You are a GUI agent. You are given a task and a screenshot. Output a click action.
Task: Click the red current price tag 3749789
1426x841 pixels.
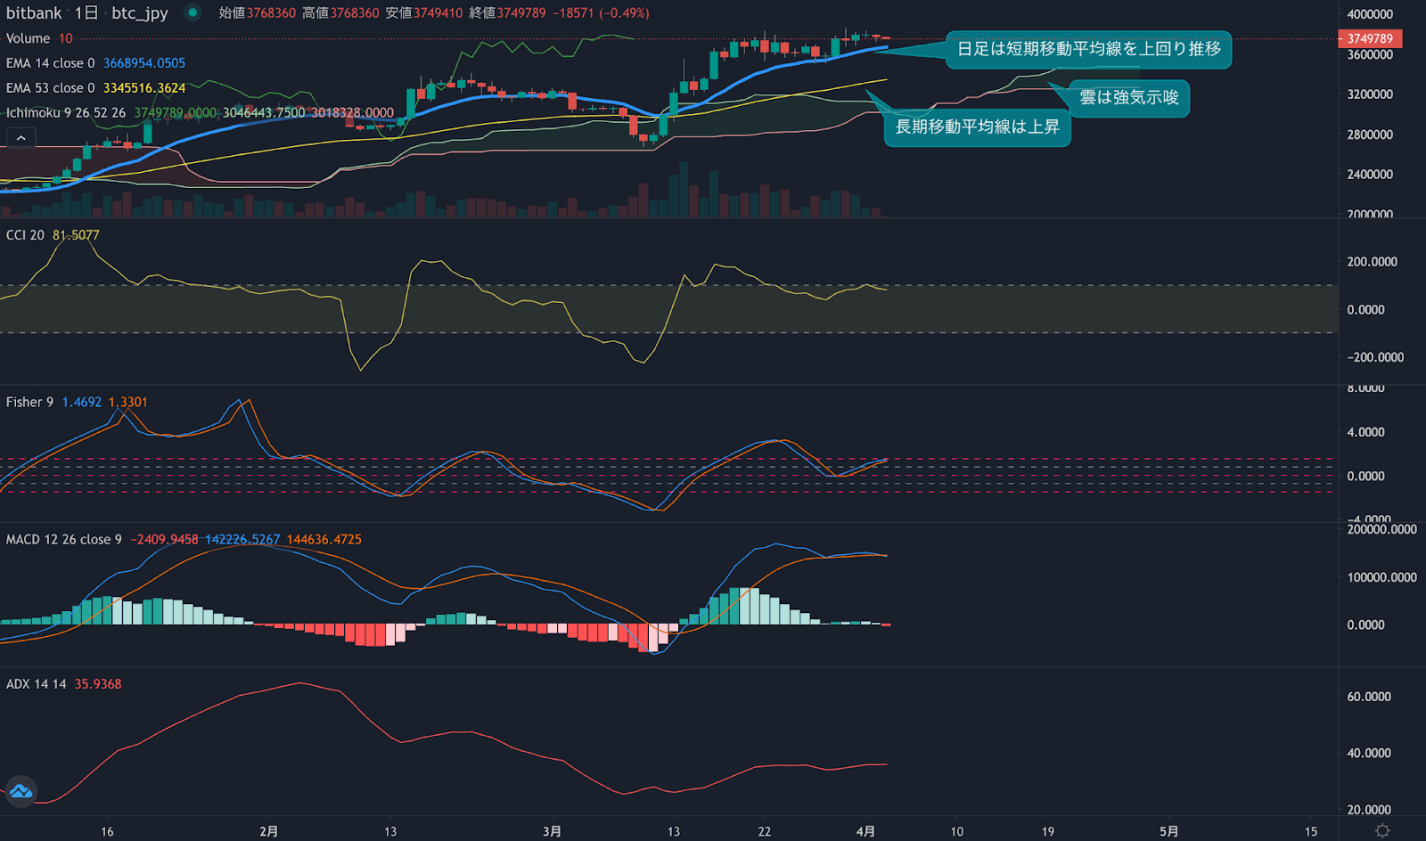[x=1370, y=38]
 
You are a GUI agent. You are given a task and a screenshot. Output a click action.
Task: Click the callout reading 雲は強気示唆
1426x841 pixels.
[x=1128, y=97]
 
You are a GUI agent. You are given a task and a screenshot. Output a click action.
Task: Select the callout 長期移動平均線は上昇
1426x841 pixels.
[x=977, y=127]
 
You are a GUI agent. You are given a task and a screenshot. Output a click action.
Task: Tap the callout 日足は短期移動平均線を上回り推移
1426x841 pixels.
[x=1088, y=49]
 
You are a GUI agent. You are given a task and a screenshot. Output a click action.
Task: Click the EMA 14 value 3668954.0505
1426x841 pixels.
[x=144, y=63]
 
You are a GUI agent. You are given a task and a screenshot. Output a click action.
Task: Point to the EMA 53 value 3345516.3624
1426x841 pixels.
[x=144, y=88]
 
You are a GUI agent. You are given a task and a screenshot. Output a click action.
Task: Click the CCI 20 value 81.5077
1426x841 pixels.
[x=76, y=235]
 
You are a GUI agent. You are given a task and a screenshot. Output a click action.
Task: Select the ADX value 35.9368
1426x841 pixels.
[x=98, y=684]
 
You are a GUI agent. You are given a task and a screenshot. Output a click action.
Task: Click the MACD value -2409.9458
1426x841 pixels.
[x=164, y=540]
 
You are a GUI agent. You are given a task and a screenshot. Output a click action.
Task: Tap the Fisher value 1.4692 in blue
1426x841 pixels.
[x=81, y=403]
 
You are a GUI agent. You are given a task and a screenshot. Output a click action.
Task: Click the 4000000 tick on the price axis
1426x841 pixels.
[x=1370, y=14]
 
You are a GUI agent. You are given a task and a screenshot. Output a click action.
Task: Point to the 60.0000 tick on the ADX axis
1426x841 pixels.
[x=1368, y=697]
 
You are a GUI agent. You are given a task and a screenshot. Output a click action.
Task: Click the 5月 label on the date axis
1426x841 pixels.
[x=1169, y=831]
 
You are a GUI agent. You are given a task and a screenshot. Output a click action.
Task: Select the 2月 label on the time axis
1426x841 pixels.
[x=268, y=831]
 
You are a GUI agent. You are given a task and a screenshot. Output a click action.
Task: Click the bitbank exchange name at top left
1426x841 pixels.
[x=34, y=13]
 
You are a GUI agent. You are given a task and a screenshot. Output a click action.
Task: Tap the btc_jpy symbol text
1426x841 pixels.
[x=140, y=13]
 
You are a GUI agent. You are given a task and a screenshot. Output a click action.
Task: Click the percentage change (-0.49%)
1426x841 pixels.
[x=624, y=13]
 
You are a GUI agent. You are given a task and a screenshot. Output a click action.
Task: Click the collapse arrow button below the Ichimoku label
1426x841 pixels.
[x=21, y=138]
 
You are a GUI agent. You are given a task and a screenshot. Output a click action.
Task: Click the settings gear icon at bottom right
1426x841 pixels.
[x=1382, y=830]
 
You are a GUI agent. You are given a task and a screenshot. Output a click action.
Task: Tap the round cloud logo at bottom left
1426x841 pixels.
[x=20, y=791]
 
